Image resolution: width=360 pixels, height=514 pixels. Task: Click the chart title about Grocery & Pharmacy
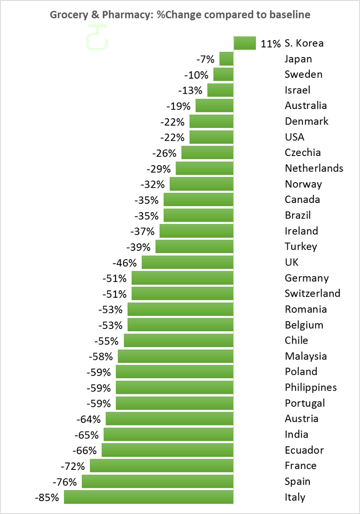[x=180, y=15]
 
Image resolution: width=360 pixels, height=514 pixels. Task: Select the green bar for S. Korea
[x=245, y=43]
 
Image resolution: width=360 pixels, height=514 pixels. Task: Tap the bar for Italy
[x=149, y=497]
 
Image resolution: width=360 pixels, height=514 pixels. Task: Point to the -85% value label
[x=47, y=497]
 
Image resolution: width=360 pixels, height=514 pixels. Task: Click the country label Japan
[x=298, y=59]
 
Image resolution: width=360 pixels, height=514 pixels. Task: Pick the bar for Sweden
[x=223, y=75]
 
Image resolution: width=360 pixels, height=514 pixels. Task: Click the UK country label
[x=291, y=262]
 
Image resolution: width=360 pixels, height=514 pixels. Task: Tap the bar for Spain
[x=158, y=481]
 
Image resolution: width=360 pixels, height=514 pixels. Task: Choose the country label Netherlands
[x=314, y=168]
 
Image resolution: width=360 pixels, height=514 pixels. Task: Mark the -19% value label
[x=178, y=106]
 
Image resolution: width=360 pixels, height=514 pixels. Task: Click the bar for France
[x=161, y=466]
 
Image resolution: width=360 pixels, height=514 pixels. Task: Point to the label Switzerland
[x=313, y=293]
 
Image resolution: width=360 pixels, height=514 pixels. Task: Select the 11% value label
[x=270, y=44]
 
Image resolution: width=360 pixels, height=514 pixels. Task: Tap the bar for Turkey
[x=194, y=246]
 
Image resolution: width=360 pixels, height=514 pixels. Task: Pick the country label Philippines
[x=311, y=387]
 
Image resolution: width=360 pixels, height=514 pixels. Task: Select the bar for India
[x=168, y=434]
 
